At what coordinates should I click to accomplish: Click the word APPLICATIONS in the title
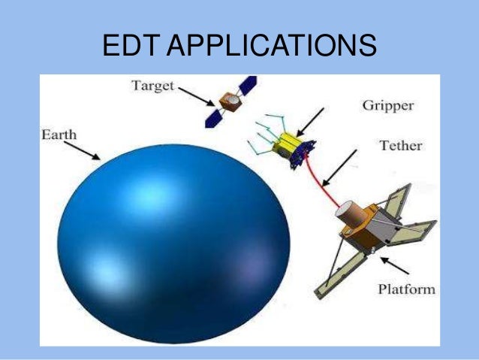[271, 46]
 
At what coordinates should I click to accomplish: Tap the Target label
[152, 86]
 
